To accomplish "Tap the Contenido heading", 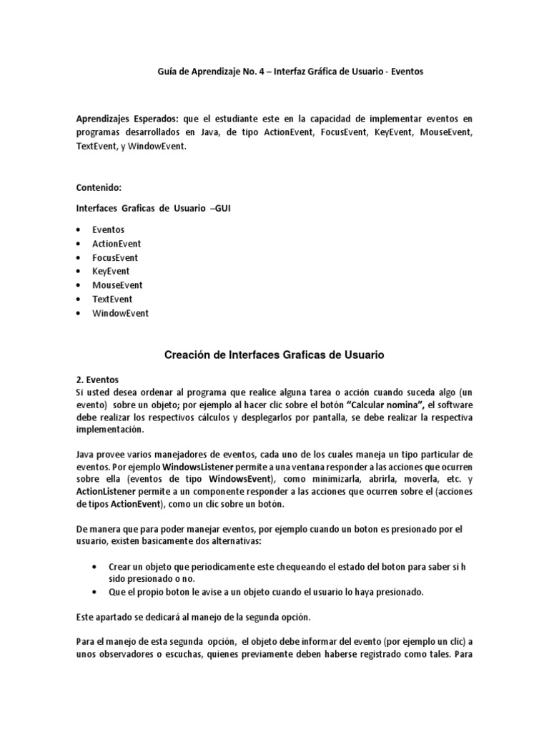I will click(99, 187).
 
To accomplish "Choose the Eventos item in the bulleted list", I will click(108, 229).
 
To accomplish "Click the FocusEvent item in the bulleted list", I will click(115, 257).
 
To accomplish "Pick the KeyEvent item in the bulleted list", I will click(111, 272).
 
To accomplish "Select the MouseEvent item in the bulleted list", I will click(117, 285).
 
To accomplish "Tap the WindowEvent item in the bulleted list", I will click(120, 313).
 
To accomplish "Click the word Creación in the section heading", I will click(189, 354).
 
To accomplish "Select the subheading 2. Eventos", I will click(97, 380).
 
